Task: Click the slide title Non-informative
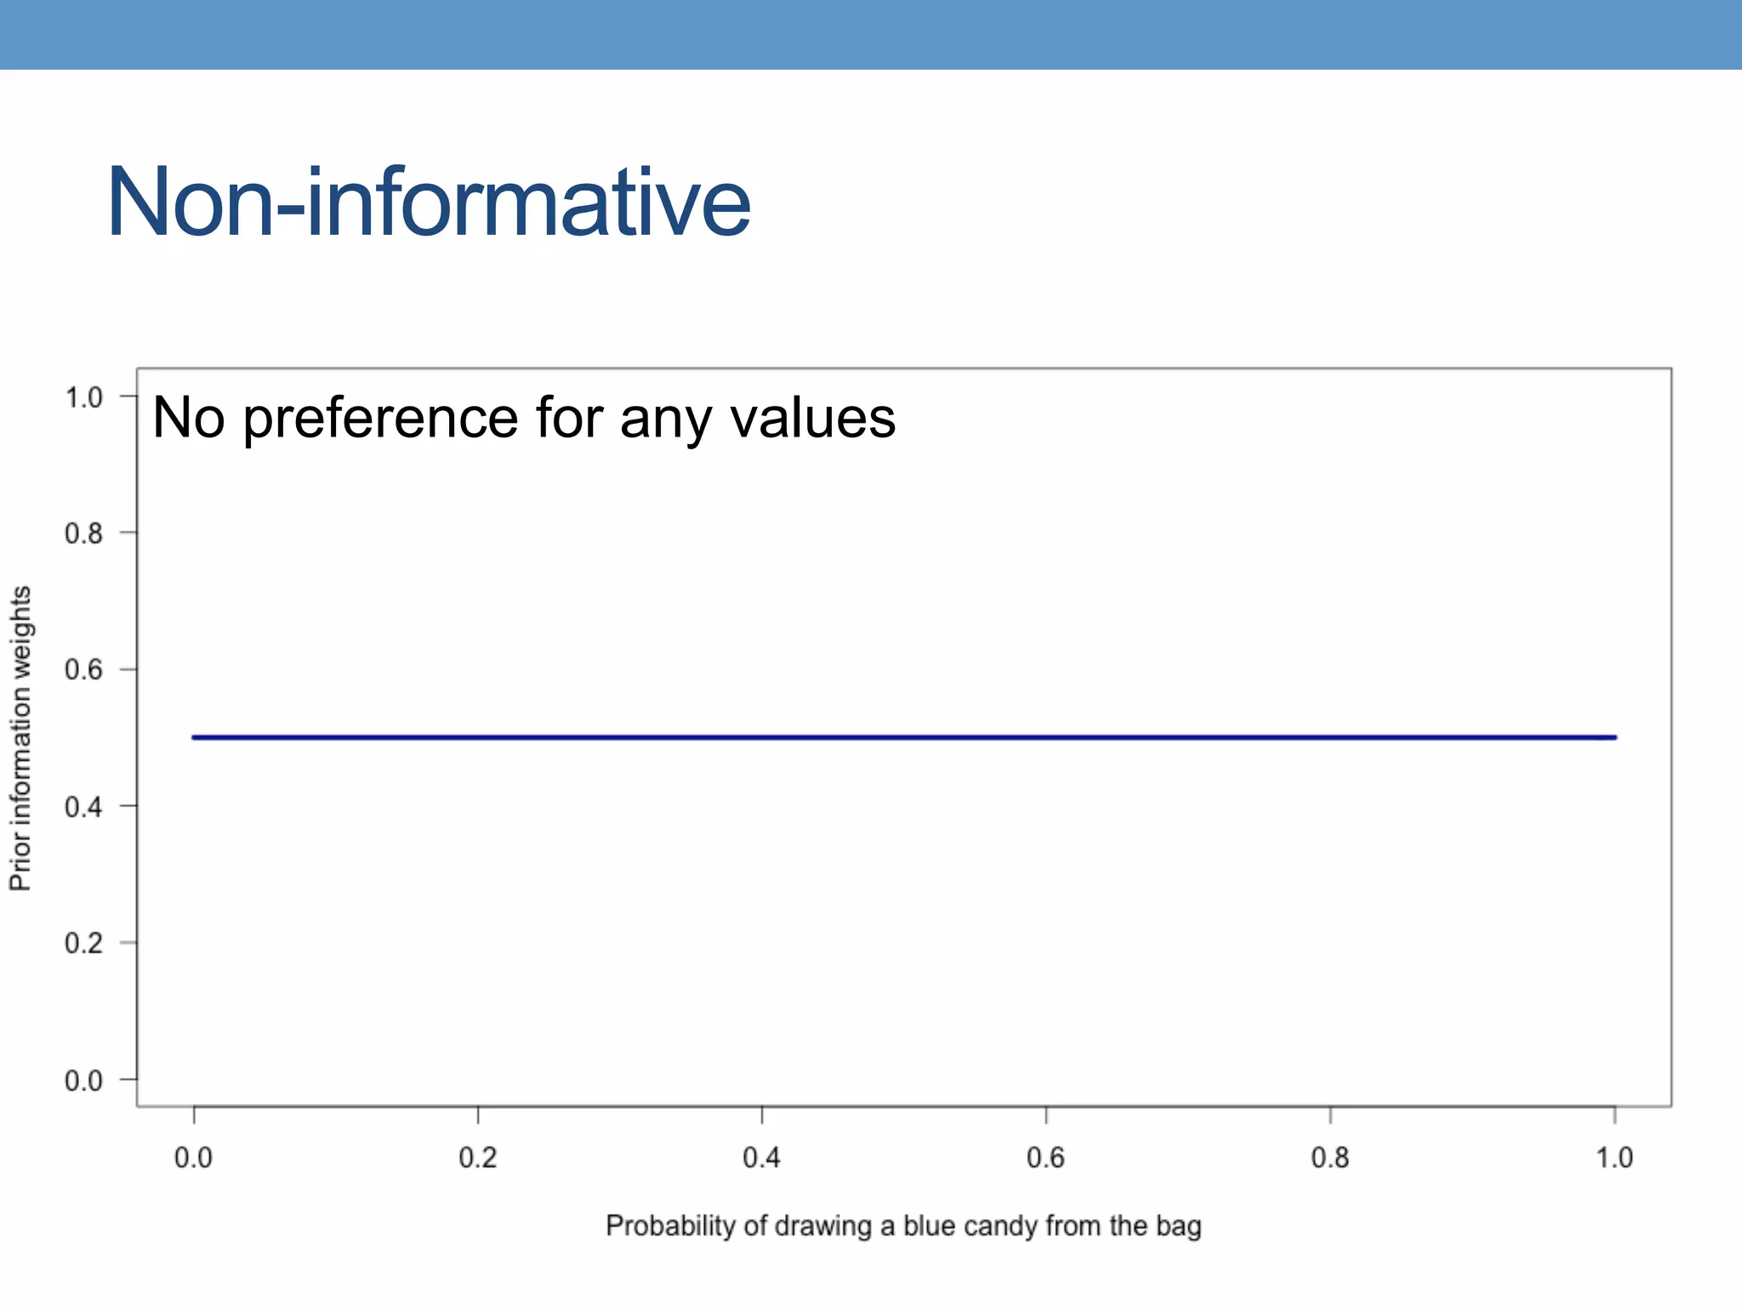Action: pos(428,203)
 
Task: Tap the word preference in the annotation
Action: pos(380,419)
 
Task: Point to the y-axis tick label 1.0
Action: pos(83,397)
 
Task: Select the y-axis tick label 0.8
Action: pos(83,534)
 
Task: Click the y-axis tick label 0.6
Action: pos(83,670)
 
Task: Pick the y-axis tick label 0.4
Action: pos(83,807)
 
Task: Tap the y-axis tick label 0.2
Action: pos(83,943)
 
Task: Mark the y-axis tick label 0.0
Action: pos(83,1081)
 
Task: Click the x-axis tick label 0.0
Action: pos(193,1158)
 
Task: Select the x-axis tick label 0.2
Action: pos(477,1158)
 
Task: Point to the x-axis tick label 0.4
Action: pos(761,1158)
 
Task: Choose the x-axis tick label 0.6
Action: pos(1045,1158)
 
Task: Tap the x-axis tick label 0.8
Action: pos(1329,1158)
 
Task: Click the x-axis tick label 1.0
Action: pos(1614,1158)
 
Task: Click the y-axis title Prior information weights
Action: pos(20,738)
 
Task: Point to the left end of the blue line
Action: pos(195,737)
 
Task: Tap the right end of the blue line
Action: pos(1614,737)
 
